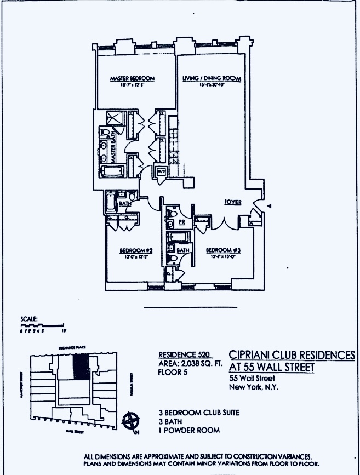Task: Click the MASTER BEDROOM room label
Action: point(132,79)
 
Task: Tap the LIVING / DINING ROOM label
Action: point(212,79)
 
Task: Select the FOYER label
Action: point(233,202)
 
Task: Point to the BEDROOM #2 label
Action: point(135,250)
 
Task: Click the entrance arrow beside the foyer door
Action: point(268,205)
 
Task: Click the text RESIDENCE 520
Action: point(183,354)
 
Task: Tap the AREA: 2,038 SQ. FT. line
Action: point(188,363)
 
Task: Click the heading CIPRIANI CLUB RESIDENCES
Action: point(291,356)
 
